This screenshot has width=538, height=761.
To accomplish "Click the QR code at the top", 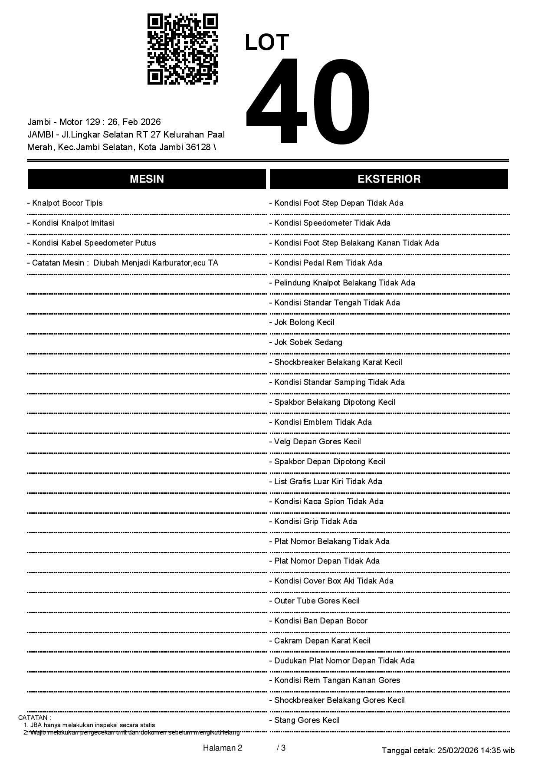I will click(x=183, y=49).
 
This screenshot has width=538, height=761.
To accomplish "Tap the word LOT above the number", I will click(x=267, y=43).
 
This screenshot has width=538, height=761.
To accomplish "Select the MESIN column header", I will click(x=147, y=179).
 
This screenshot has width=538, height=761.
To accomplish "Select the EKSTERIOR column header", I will click(x=389, y=179).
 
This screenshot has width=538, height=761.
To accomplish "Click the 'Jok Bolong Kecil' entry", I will click(x=304, y=322).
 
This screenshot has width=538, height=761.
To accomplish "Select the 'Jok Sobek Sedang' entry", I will click(x=308, y=342).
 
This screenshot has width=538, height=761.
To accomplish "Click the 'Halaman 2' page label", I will click(x=223, y=748).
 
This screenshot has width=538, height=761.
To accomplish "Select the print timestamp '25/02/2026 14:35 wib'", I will click(x=476, y=750).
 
